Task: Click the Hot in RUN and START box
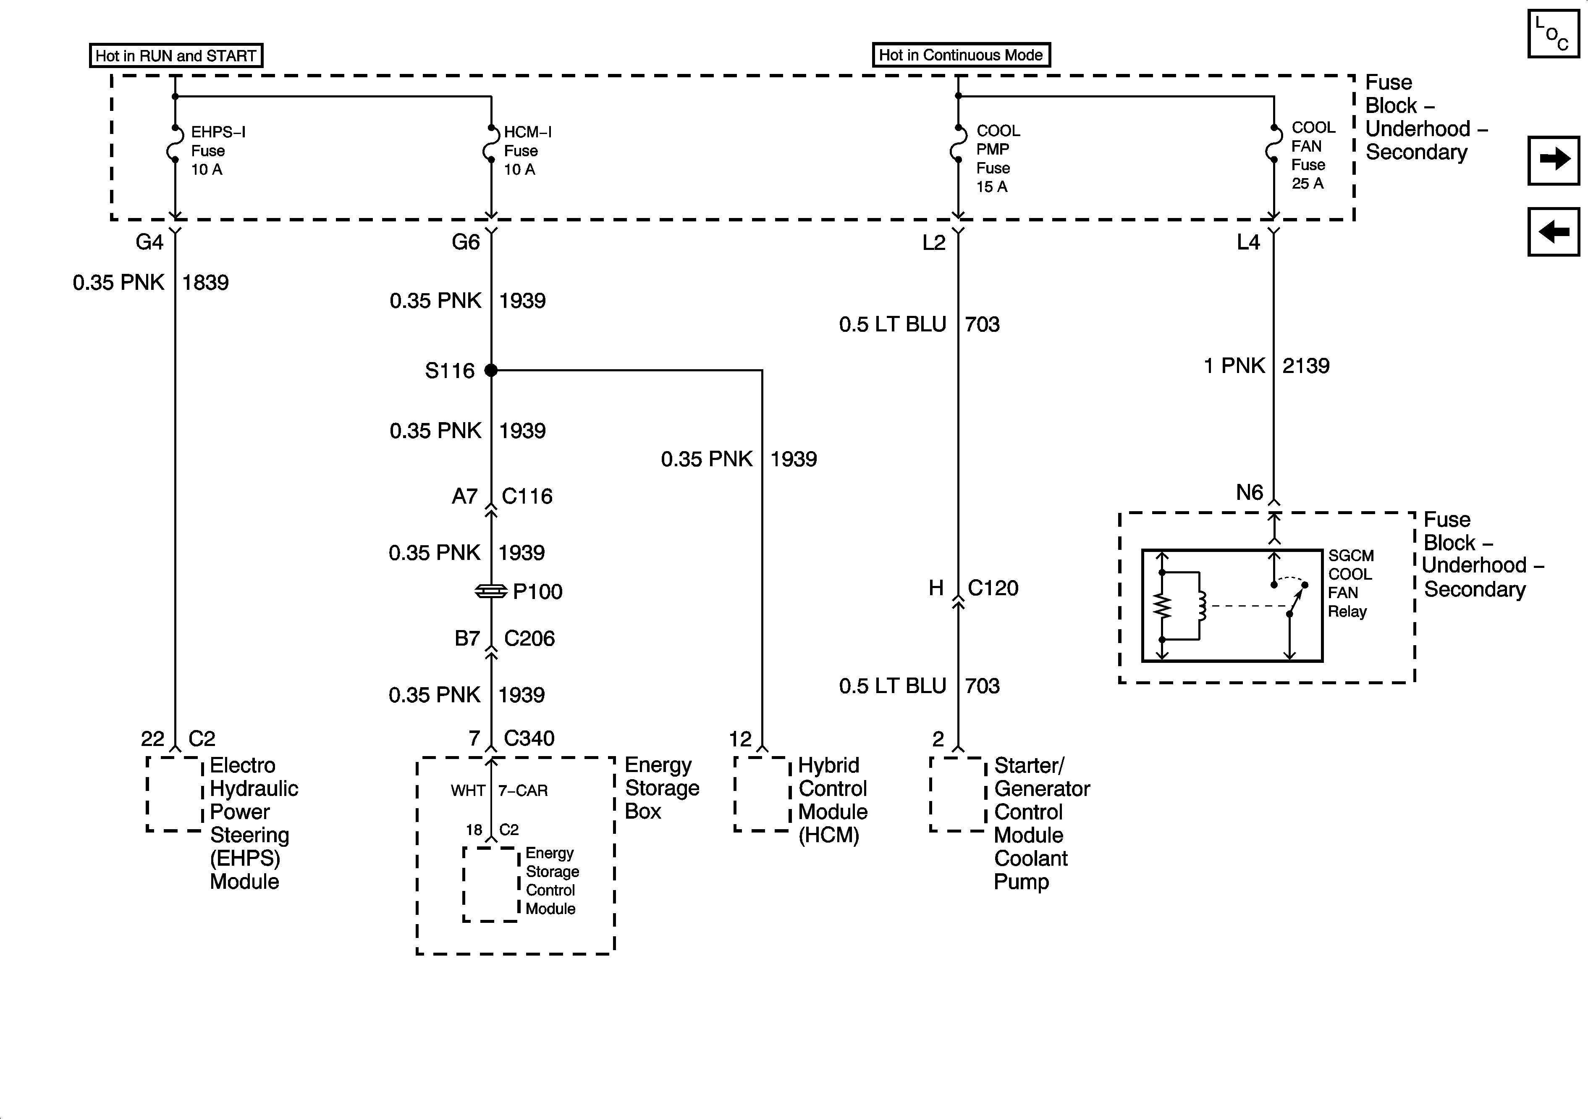pos(176,55)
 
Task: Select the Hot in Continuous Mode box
pos(961,55)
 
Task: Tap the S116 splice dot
pos(491,370)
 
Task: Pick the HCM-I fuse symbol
pos(490,144)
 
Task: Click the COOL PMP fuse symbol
pos(958,144)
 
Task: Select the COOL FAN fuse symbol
pos(1274,144)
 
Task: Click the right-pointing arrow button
pos(1554,160)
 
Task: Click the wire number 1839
pos(205,282)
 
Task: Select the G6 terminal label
pos(466,242)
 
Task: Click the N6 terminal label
pos(1249,493)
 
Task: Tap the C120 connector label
pos(993,588)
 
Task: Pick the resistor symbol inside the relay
pos(1163,606)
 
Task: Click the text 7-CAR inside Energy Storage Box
pos(523,790)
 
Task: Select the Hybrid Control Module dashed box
pos(762,794)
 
